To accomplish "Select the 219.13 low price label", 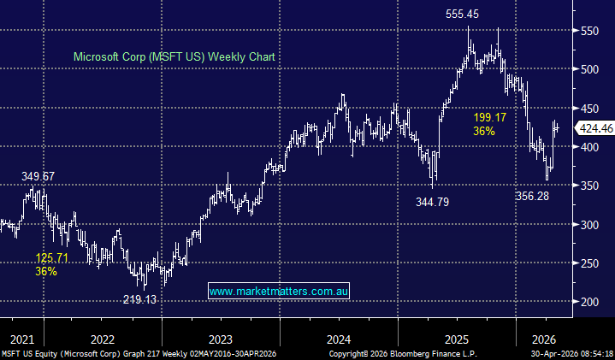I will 139,299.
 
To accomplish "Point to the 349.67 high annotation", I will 38,176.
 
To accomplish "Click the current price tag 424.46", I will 595,128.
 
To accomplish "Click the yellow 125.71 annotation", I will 52,257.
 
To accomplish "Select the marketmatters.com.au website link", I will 279,292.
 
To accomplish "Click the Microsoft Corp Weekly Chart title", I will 179,56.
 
